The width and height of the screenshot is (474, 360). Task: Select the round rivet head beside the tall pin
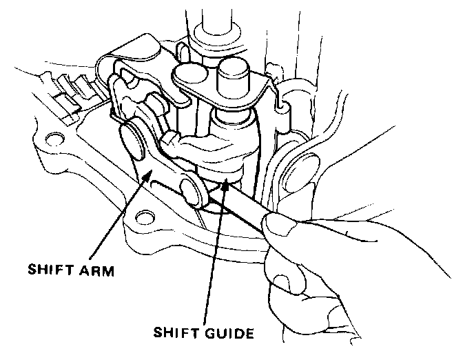click(189, 74)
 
